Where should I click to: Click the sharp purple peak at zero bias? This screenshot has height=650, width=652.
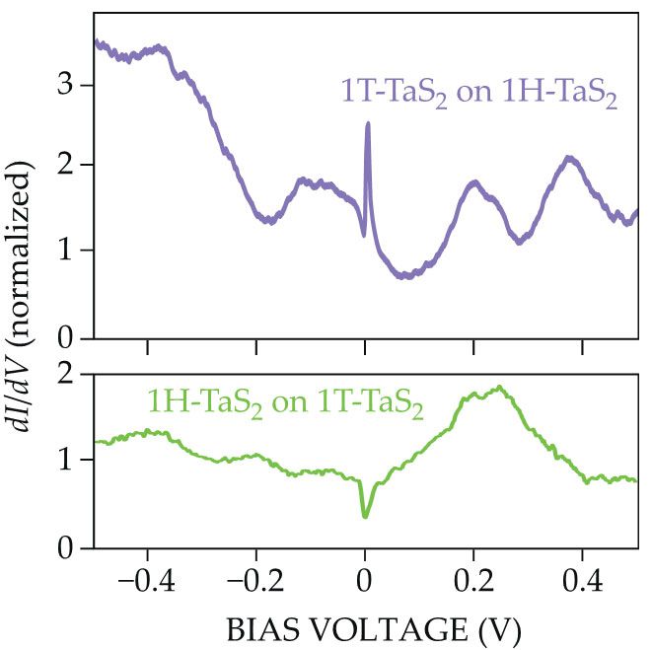[368, 124]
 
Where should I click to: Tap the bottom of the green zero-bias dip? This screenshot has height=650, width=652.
[365, 516]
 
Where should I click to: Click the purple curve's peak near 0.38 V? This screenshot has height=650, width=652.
[569, 158]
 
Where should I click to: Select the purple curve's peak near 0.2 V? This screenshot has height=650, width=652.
[474, 182]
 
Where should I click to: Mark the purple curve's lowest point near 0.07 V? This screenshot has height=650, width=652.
[404, 276]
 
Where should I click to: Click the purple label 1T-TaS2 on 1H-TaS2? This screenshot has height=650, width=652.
[478, 95]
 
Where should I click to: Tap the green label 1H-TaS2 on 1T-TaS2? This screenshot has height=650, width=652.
[284, 404]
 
